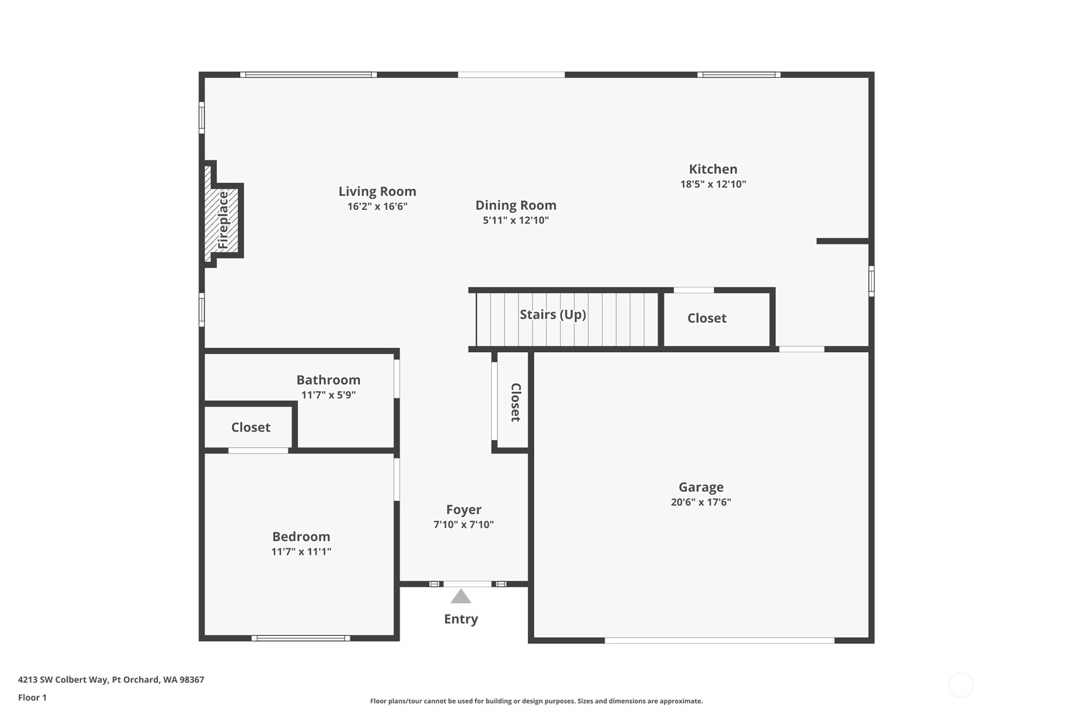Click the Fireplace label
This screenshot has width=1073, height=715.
click(x=223, y=220)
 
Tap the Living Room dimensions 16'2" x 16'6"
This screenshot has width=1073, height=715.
click(x=377, y=206)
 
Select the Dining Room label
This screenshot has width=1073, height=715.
click(x=516, y=205)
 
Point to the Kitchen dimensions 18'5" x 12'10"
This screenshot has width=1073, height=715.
click(x=713, y=184)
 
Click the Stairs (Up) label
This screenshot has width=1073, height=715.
click(x=553, y=314)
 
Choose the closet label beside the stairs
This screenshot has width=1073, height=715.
click(x=707, y=318)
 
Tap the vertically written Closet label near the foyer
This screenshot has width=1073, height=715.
click(x=515, y=402)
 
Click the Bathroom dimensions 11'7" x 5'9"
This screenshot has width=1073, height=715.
click(x=329, y=395)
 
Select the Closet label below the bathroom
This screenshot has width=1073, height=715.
click(x=250, y=427)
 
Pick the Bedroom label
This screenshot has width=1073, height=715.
click(x=302, y=536)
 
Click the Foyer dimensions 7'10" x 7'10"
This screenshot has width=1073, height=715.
click(x=463, y=525)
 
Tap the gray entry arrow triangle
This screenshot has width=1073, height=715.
click(x=461, y=597)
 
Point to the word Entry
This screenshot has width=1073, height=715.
click(x=461, y=619)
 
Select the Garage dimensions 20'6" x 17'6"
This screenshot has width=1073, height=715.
click(x=701, y=502)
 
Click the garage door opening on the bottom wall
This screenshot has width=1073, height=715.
click(x=720, y=640)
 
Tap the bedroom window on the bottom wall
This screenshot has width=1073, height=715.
click(x=301, y=638)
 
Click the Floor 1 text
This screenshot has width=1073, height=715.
click(x=33, y=697)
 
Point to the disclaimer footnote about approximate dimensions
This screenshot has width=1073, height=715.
click(x=536, y=701)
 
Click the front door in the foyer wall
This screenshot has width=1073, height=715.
click(x=467, y=584)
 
